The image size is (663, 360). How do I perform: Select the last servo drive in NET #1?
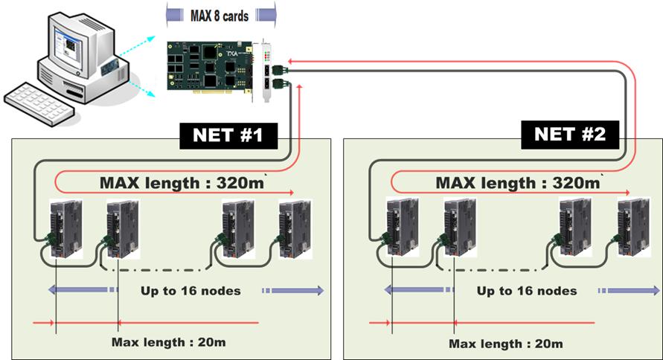pos(292,228)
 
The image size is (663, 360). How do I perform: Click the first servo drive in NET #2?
pos(400,228)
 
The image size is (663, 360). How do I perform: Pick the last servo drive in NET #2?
pos(631,228)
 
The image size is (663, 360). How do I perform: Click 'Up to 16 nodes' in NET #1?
pos(190,290)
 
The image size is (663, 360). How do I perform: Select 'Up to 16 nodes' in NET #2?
pos(526,290)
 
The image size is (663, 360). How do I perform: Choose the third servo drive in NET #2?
pos(573,228)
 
